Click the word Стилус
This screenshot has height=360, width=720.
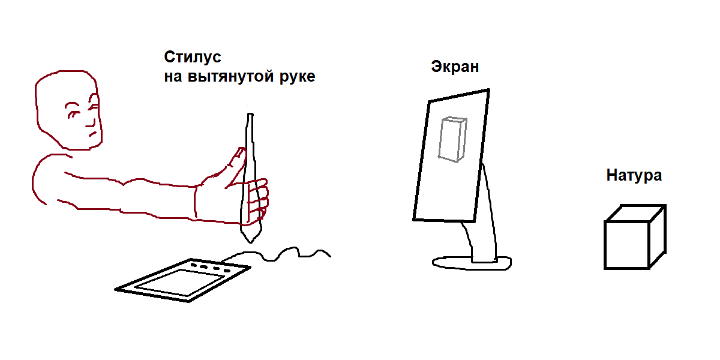[193, 57]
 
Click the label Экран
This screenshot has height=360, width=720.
[455, 67]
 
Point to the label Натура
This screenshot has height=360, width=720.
[634, 175]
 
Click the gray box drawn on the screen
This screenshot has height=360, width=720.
[452, 139]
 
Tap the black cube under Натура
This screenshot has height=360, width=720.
[635, 236]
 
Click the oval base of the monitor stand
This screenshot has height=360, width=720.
[472, 263]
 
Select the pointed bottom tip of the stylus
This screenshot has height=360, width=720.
[251, 242]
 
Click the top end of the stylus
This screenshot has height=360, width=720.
[250, 114]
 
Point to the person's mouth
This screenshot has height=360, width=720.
[92, 134]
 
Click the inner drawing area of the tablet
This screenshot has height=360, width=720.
[180, 282]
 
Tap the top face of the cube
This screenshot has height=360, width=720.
[635, 213]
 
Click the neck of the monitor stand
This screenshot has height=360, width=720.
[482, 238]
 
